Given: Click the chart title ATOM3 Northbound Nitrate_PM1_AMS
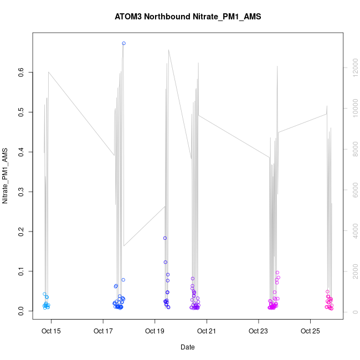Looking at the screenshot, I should pos(188,17).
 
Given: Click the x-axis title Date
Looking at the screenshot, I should pos(188,347).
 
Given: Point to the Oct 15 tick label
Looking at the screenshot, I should pos(51,332).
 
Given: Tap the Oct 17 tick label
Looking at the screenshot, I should pos(103,332).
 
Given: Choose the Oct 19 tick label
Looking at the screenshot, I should pos(155,332).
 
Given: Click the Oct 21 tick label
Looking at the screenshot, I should pos(207,332).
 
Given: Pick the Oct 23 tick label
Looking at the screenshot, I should pos(258,332).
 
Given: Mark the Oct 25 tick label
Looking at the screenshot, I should pos(310,332).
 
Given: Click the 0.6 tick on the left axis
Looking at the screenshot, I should pos(20,72).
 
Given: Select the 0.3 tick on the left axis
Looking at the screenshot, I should pos(20,192).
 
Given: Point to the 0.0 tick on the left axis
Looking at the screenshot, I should pos(20,312).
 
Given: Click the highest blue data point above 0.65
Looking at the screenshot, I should pos(124,43).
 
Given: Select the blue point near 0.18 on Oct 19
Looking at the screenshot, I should pos(165,238).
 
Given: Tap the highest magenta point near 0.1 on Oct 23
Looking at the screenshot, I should pos(277,272).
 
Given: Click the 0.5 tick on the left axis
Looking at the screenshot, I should pos(20,112).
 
